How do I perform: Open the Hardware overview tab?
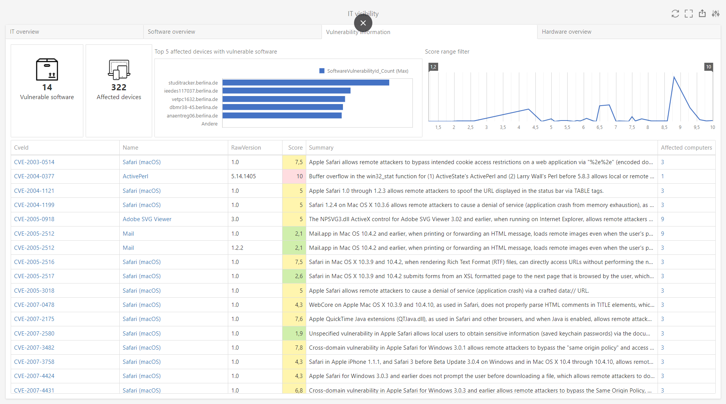pos(566,32)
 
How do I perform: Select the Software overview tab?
pos(171,32)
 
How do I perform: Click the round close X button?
pos(363,23)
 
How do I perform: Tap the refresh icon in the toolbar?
pos(675,14)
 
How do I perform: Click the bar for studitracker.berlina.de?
pos(305,83)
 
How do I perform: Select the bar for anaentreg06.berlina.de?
pos(282,116)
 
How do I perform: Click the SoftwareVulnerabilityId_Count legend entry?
pos(363,71)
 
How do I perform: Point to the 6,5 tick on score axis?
pos(599,127)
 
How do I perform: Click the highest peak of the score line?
pos(674,77)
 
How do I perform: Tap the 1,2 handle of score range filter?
pos(433,67)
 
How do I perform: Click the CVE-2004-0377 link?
pos(34,176)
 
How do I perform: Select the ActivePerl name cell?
pos(135,176)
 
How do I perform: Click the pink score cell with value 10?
pos(294,176)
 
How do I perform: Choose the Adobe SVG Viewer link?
pos(147,219)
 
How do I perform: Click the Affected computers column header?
pos(686,148)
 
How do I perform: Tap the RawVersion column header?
pos(246,148)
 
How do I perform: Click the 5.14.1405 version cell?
pos(244,176)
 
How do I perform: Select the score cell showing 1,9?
pos(294,334)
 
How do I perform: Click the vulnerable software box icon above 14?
pos(47,69)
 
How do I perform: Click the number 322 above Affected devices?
pos(119,88)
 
